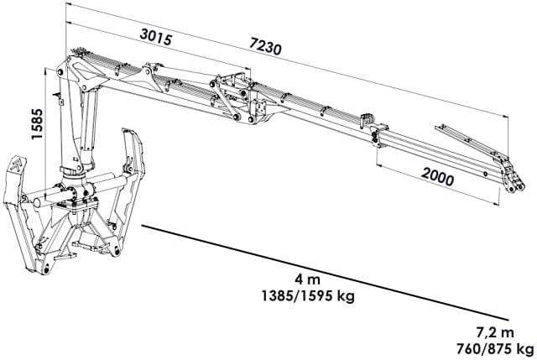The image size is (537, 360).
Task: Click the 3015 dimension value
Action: click(x=156, y=37)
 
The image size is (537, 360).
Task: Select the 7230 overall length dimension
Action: click(x=265, y=45)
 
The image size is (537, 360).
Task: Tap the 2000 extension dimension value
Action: click(x=437, y=176)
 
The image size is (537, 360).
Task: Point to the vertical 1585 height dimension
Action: click(x=37, y=123)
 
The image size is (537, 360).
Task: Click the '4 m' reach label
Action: click(x=308, y=279)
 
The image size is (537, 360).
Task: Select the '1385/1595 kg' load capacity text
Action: click(x=308, y=295)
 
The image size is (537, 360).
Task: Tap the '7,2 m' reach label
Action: click(x=495, y=332)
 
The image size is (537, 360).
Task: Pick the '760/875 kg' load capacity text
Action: click(x=495, y=349)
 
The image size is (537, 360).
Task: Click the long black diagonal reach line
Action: click(x=325, y=273)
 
